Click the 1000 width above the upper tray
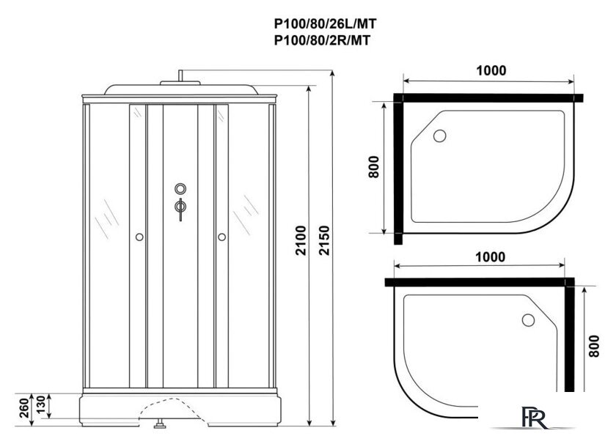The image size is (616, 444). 490,70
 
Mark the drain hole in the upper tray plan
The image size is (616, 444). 440,136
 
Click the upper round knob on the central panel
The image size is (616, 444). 179,188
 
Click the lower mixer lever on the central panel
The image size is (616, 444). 179,209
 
